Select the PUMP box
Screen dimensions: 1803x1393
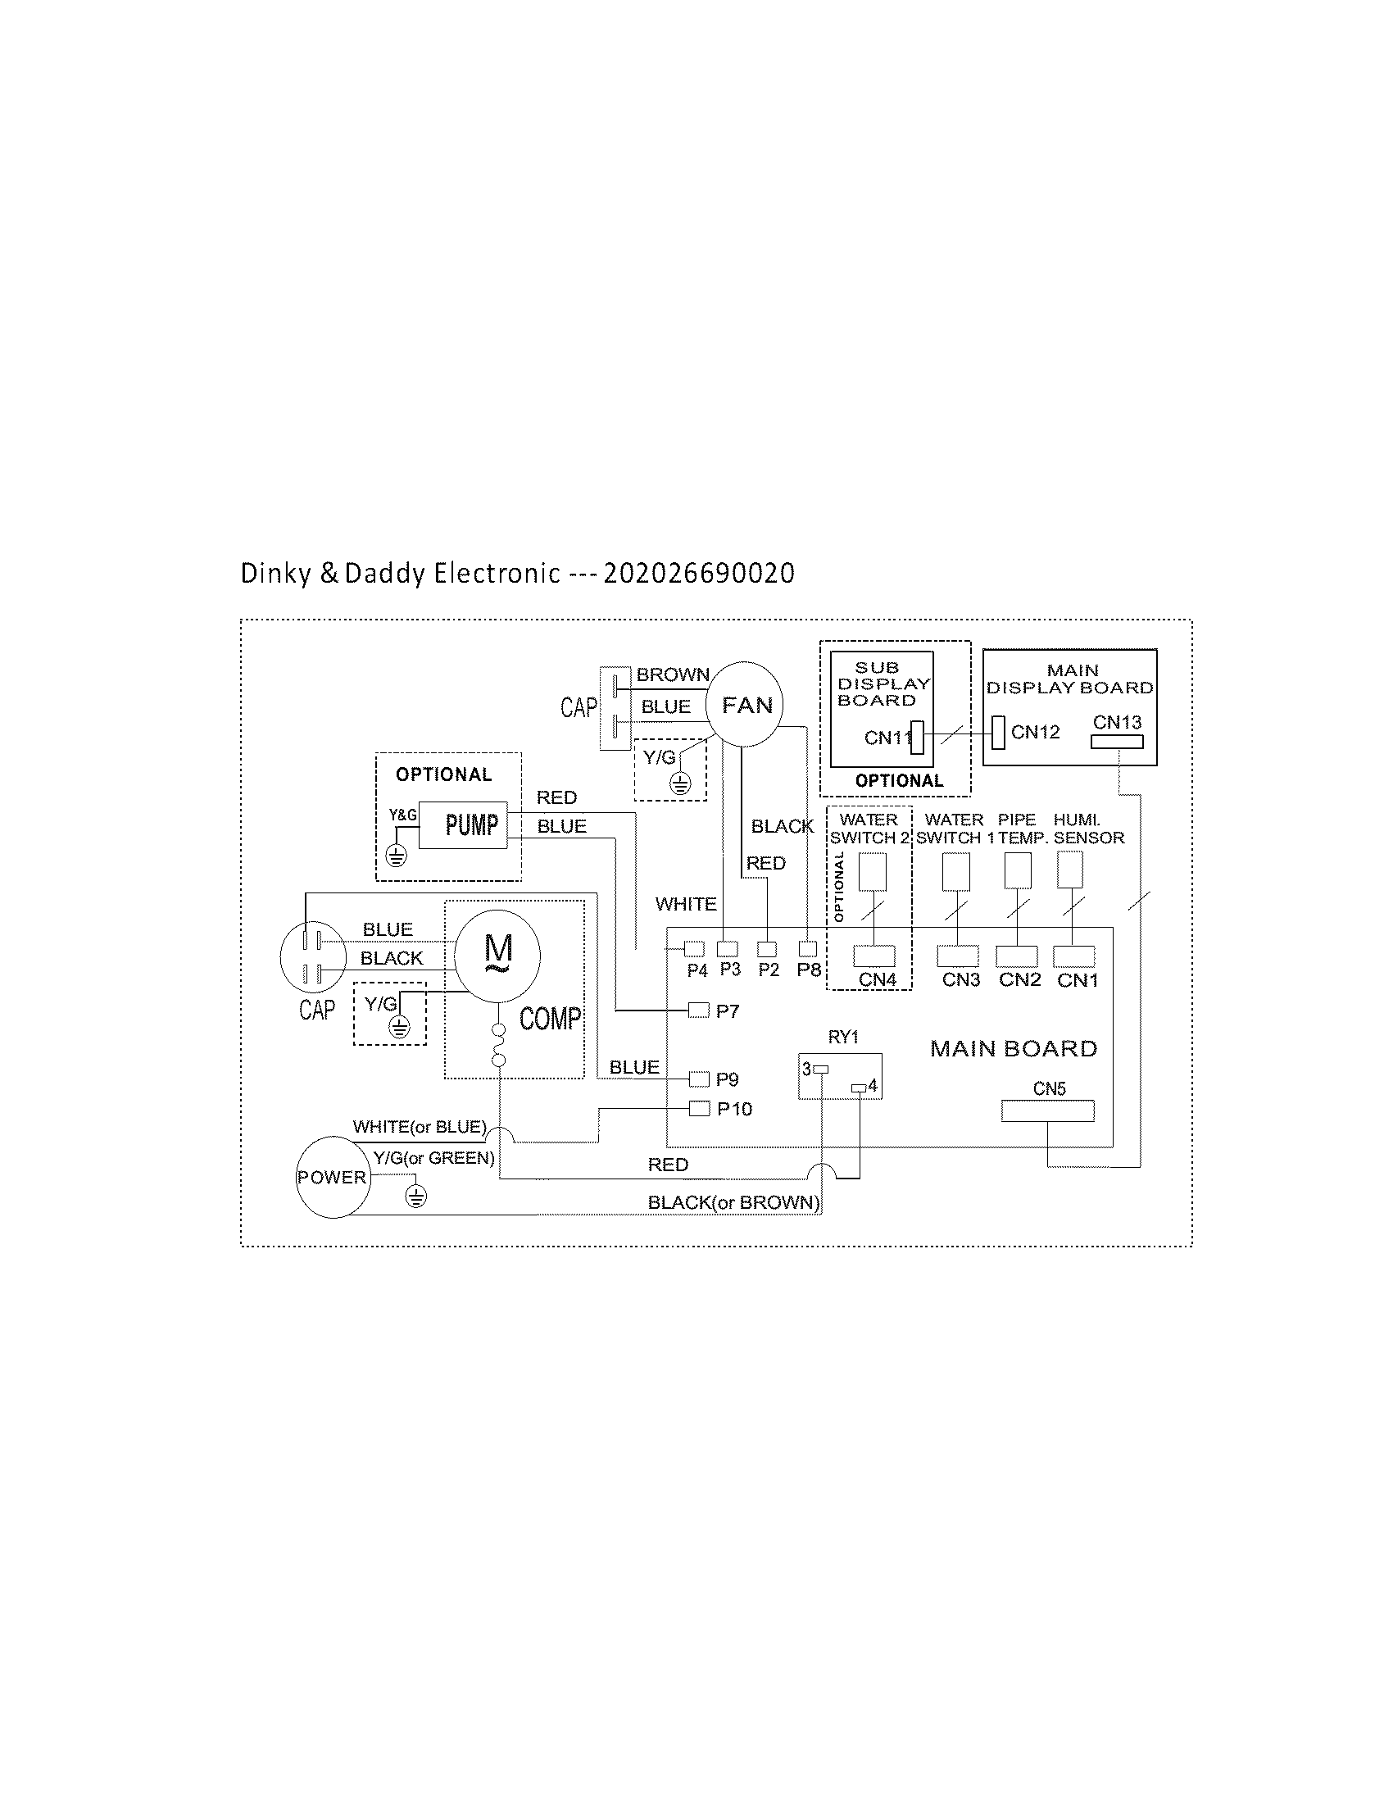pos(463,824)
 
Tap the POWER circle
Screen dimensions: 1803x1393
pos(333,1176)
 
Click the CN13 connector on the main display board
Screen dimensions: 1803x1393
pos(1117,742)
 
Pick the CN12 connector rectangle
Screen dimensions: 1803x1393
pos(999,732)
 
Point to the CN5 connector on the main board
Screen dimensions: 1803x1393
pos(1047,1110)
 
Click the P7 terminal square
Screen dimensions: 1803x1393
pos(698,1010)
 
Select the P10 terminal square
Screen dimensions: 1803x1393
pos(699,1108)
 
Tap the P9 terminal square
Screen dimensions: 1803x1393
pos(699,1079)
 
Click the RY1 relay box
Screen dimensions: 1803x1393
pos(840,1076)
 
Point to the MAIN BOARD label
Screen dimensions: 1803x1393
pos(1014,1048)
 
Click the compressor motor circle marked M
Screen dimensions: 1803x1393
pos(497,956)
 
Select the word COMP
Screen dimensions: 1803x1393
pos(550,1018)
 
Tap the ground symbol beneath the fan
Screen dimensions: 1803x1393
pos(680,783)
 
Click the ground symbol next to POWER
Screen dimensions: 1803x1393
pos(416,1197)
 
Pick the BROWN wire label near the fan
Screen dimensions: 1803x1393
pos(673,674)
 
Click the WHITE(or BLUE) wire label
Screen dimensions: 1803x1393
pos(420,1126)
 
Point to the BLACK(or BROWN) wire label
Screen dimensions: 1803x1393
pos(733,1202)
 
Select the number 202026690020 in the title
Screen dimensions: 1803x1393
pos(699,573)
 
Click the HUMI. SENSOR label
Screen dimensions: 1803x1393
pos(1088,828)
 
